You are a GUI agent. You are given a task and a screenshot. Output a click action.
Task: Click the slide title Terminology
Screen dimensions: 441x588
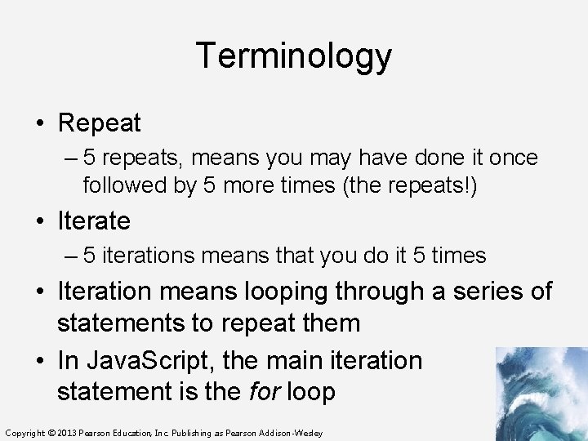pos(294,56)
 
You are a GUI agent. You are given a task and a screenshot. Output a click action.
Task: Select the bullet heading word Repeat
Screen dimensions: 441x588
pos(99,124)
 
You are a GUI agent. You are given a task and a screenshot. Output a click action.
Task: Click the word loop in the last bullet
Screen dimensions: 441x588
pos(310,392)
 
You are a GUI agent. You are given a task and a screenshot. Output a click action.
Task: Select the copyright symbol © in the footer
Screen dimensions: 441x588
pos(51,433)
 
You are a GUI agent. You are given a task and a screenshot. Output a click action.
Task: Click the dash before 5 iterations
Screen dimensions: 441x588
pos(72,256)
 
